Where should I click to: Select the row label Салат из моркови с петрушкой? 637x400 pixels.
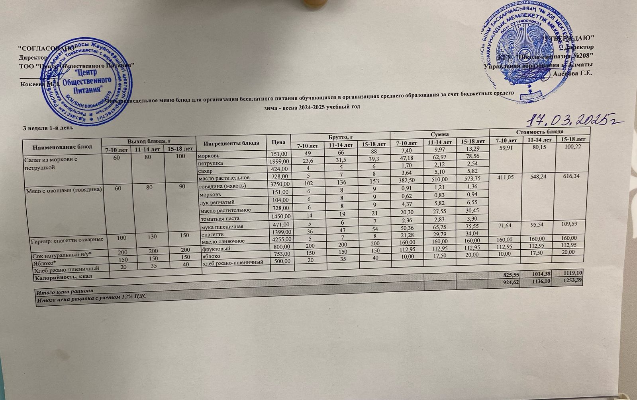click(51, 163)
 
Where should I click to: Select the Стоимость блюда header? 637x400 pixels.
click(539, 132)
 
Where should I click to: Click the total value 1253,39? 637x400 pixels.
click(574, 281)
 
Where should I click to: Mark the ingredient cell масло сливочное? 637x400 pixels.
click(223, 241)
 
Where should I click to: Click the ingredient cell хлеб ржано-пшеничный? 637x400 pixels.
click(233, 262)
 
